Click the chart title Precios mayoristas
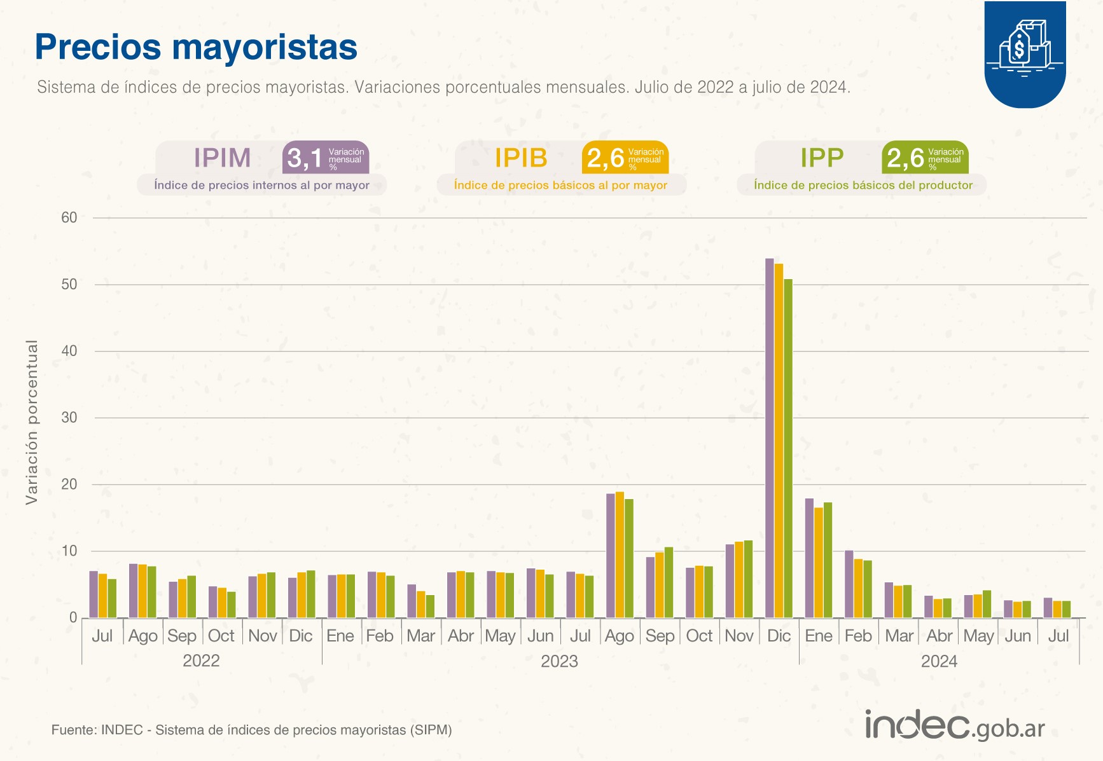[x=196, y=47]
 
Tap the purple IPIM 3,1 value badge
[x=325, y=158]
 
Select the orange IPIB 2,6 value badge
[x=625, y=158]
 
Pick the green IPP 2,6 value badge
[x=925, y=158]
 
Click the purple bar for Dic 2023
[x=770, y=439]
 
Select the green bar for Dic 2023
[x=788, y=448]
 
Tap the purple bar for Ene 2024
[x=809, y=558]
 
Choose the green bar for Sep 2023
[x=669, y=582]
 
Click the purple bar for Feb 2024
[x=849, y=584]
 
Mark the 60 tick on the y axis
[x=69, y=217]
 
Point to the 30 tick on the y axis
[x=69, y=418]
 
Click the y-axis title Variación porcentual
[x=32, y=422]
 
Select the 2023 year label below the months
[x=559, y=661]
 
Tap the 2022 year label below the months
[x=201, y=661]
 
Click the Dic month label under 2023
[x=779, y=636]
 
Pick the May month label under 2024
[x=978, y=636]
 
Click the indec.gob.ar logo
[x=954, y=726]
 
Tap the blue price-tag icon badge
[x=1025, y=54]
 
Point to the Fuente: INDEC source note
[x=251, y=730]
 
